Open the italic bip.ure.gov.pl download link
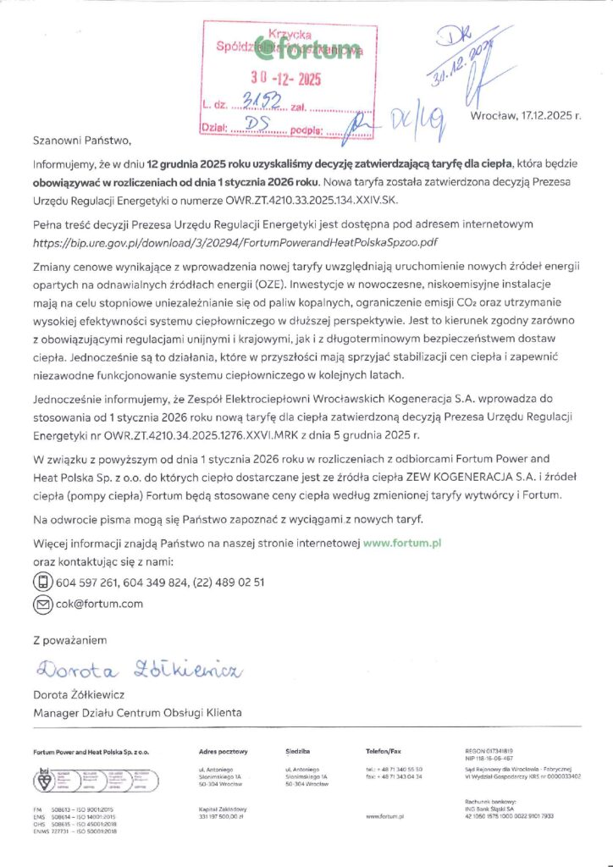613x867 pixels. click(x=235, y=242)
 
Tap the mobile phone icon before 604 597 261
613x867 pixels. click(x=42, y=582)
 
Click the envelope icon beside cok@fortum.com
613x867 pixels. click(x=42, y=604)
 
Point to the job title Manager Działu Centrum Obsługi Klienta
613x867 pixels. click(x=136, y=713)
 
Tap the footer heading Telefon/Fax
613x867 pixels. click(x=384, y=751)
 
